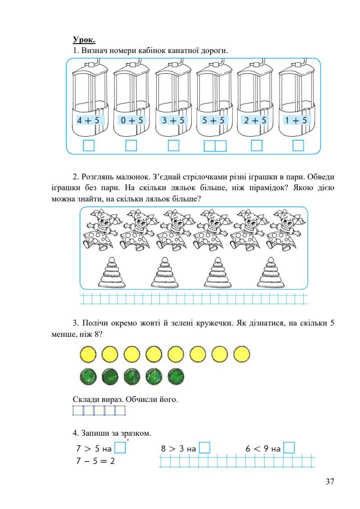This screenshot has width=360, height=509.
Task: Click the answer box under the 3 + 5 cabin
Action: click(173, 146)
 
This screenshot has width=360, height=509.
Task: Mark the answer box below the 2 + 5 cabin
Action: click(256, 146)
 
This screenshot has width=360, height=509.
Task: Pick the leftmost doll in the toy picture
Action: click(100, 229)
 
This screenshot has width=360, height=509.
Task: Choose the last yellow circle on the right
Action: click(242, 354)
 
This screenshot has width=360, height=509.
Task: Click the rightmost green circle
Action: click(175, 377)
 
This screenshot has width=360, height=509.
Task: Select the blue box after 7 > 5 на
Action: click(120, 448)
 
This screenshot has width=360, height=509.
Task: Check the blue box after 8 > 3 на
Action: click(205, 448)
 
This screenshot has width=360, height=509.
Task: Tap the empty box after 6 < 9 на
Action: click(289, 448)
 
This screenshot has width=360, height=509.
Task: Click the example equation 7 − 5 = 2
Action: click(95, 461)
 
